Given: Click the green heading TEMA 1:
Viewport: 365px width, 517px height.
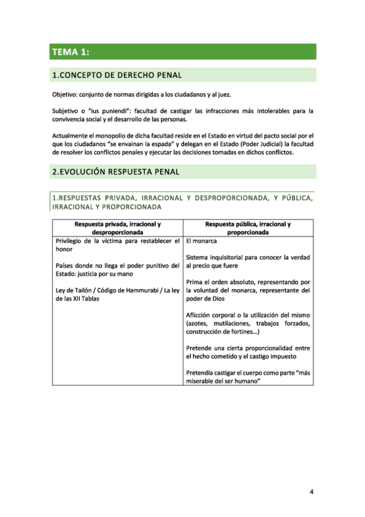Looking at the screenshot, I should pos(71,52).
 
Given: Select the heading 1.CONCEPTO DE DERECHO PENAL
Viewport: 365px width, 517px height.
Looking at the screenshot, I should pos(117,76).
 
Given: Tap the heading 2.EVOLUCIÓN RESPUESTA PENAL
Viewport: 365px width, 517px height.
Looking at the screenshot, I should pos(116,172).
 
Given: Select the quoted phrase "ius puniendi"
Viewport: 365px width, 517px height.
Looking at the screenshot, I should pos(108,111).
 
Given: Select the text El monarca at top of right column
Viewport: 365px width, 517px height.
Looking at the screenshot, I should pos(202,241).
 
